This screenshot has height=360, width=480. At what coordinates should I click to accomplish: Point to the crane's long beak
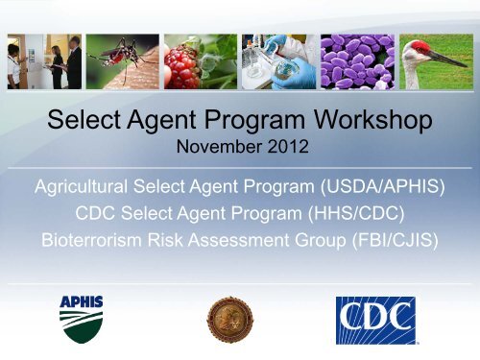450,60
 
